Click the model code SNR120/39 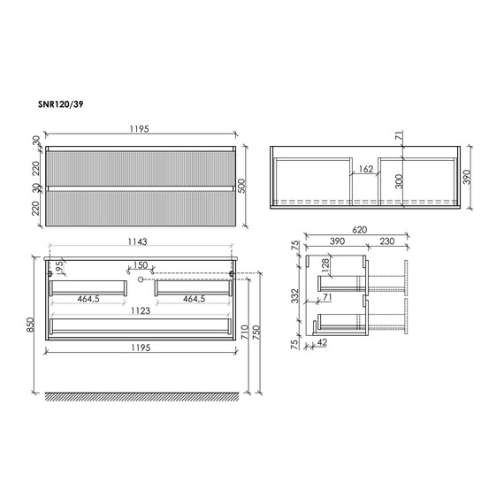pos(61,104)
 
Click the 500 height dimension pos(242,186)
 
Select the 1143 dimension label pos(138,241)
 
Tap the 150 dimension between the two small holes pos(141,265)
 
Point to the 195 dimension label pos(59,268)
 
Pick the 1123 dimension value pos(141,311)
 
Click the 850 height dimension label pos(30,325)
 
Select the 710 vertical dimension pos(245,332)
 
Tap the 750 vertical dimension pos(256,332)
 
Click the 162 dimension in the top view pos(366,169)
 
